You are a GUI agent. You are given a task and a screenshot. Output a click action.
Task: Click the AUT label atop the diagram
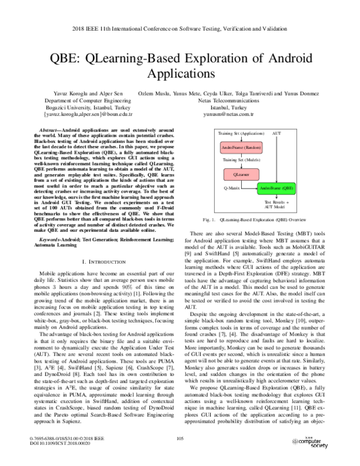(277, 132)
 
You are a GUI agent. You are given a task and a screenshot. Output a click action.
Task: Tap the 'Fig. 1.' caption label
(210, 221)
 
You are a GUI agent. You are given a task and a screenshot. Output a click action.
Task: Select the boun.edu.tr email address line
(89, 113)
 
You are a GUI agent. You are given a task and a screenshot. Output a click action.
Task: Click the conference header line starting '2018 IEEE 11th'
(180, 28)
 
